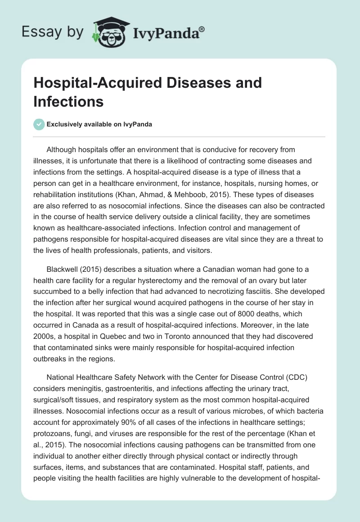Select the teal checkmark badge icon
39,124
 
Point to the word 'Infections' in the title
68,101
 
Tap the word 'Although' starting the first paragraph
63,149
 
